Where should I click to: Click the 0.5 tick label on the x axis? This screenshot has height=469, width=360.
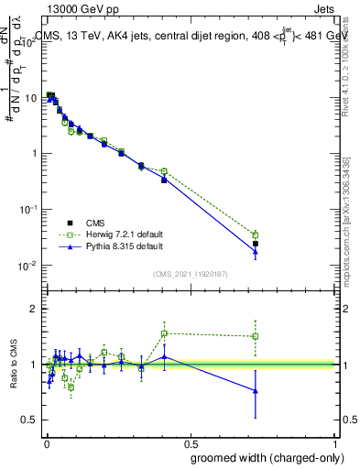[x=191, y=443]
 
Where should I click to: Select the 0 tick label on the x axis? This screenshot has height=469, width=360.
[x=45, y=443]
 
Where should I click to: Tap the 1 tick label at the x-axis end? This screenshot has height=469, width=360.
[x=336, y=443]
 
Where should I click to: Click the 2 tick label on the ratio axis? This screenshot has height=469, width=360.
[x=37, y=309]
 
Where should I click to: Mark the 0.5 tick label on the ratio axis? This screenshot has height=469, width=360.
[x=33, y=420]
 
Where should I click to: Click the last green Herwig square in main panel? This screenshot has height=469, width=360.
[x=256, y=235]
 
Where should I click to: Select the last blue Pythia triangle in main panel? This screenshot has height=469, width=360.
[x=256, y=252]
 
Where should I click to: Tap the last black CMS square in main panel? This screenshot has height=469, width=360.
[x=256, y=244]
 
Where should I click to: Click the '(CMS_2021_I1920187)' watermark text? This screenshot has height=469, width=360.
[x=190, y=273]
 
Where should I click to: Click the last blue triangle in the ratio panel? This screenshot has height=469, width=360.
[x=256, y=390]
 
